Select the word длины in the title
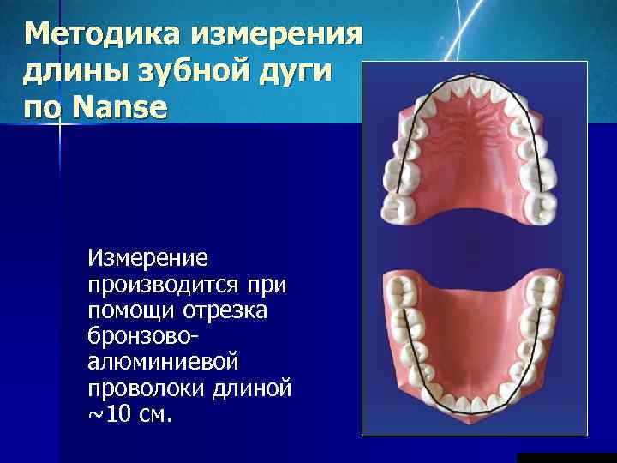[x=74, y=73]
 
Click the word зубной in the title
[x=183, y=73]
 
